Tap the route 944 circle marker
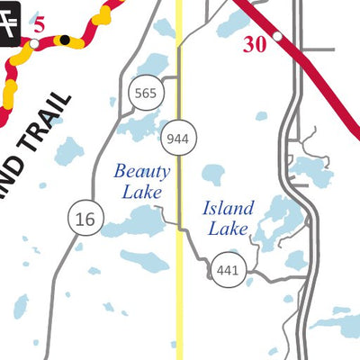coord(175,139)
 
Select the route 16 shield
coord(86,217)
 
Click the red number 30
coord(255,44)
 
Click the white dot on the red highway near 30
coord(278,37)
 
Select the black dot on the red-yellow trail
coord(64,40)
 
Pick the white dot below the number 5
coord(34,43)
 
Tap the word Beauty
coord(141,171)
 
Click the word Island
coord(228,209)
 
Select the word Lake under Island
coord(228,229)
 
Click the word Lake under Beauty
coord(141,192)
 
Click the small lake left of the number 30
coord(164,27)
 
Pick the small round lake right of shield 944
coord(213,174)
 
